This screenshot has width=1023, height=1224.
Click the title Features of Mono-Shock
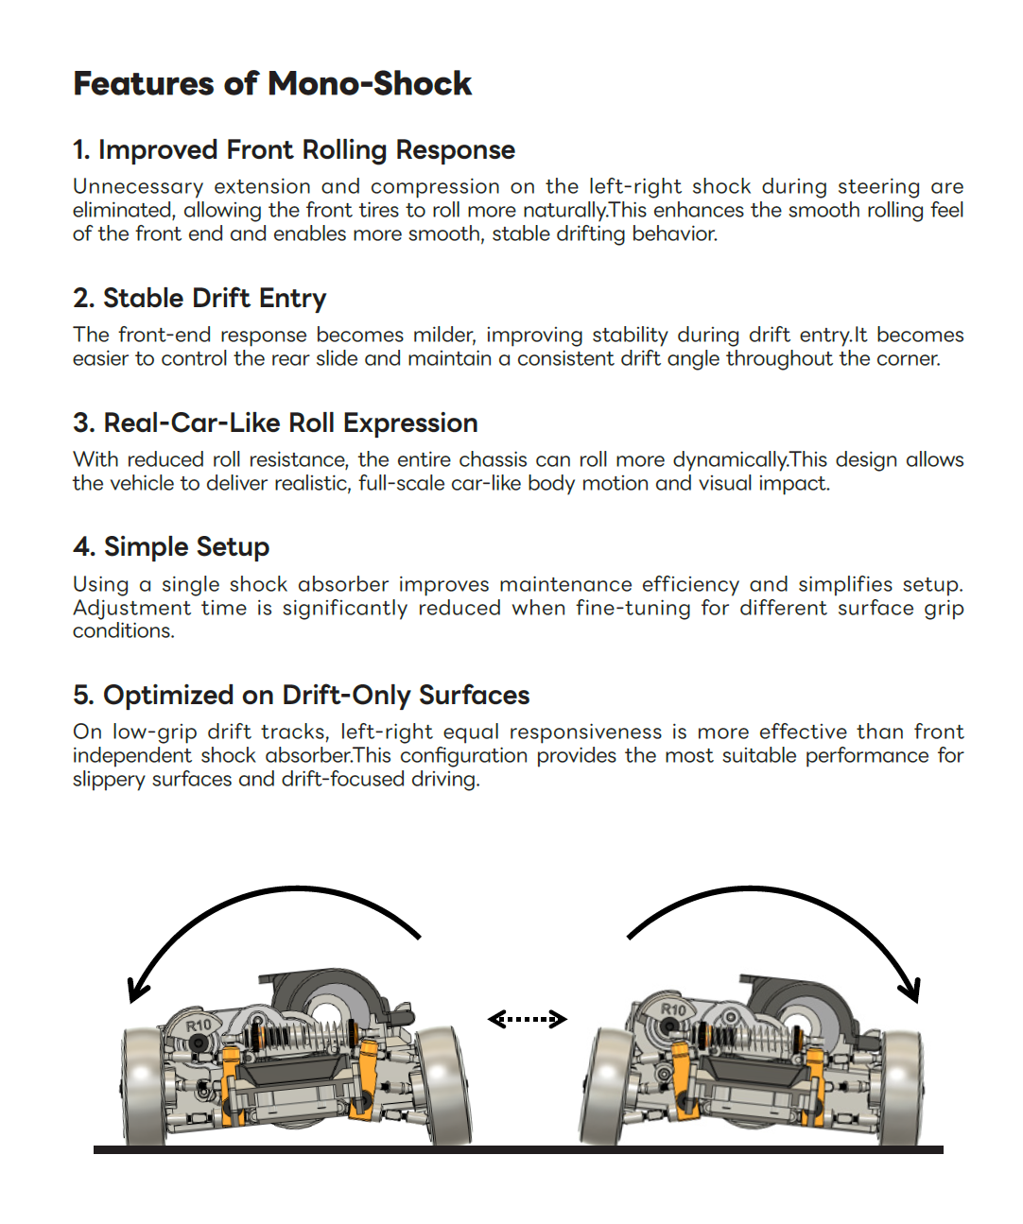click(272, 83)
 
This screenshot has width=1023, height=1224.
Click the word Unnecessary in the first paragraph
click(138, 186)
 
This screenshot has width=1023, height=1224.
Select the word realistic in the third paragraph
click(310, 484)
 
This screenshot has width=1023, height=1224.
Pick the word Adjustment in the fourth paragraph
click(132, 608)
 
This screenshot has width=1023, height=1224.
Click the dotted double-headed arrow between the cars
click(528, 1019)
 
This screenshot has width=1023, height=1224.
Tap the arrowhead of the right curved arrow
click(911, 991)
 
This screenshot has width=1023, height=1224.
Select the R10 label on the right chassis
click(673, 1009)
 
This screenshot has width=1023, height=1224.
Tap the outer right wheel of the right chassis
click(901, 1086)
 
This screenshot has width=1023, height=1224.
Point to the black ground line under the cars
click(518, 1149)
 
